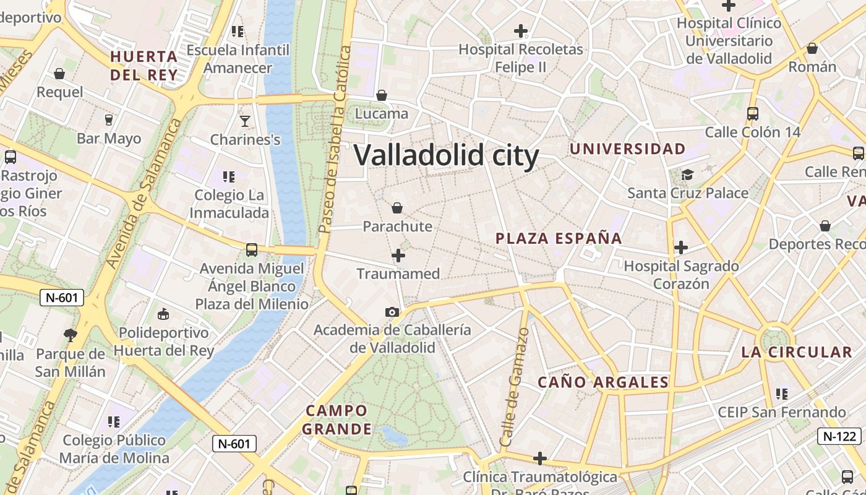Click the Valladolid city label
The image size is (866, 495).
coord(446,155)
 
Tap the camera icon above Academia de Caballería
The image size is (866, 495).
coord(392,312)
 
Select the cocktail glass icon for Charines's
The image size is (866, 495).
coord(245,120)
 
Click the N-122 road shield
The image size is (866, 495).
coord(839,436)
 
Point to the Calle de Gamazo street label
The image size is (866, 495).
coord(515,387)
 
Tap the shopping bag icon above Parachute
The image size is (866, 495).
coord(397,207)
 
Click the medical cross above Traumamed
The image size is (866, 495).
coord(398,255)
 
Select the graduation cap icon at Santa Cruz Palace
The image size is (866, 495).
coord(687,174)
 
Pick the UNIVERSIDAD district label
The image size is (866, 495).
coord(627,149)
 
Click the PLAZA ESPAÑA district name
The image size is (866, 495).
coord(559,238)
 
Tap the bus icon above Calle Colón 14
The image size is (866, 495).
coord(753,113)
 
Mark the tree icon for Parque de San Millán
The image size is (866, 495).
coord(71,335)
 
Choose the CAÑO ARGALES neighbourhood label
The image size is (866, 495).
coord(603,382)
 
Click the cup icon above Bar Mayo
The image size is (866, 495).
coord(109,119)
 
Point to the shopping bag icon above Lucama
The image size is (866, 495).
coord(382,95)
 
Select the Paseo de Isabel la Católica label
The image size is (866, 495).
coord(335,139)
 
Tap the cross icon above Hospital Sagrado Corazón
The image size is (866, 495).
coord(681,247)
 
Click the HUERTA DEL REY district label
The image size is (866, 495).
coord(144,66)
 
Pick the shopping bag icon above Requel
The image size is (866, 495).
coord(59,74)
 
